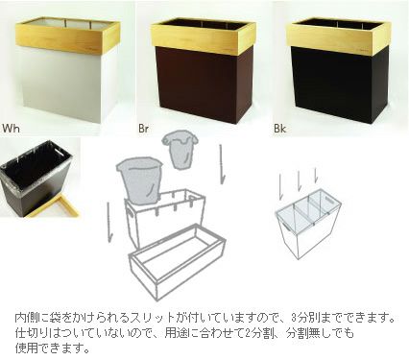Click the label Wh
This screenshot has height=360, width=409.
12,126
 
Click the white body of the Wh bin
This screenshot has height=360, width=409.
65,91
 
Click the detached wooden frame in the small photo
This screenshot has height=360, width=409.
53,206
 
